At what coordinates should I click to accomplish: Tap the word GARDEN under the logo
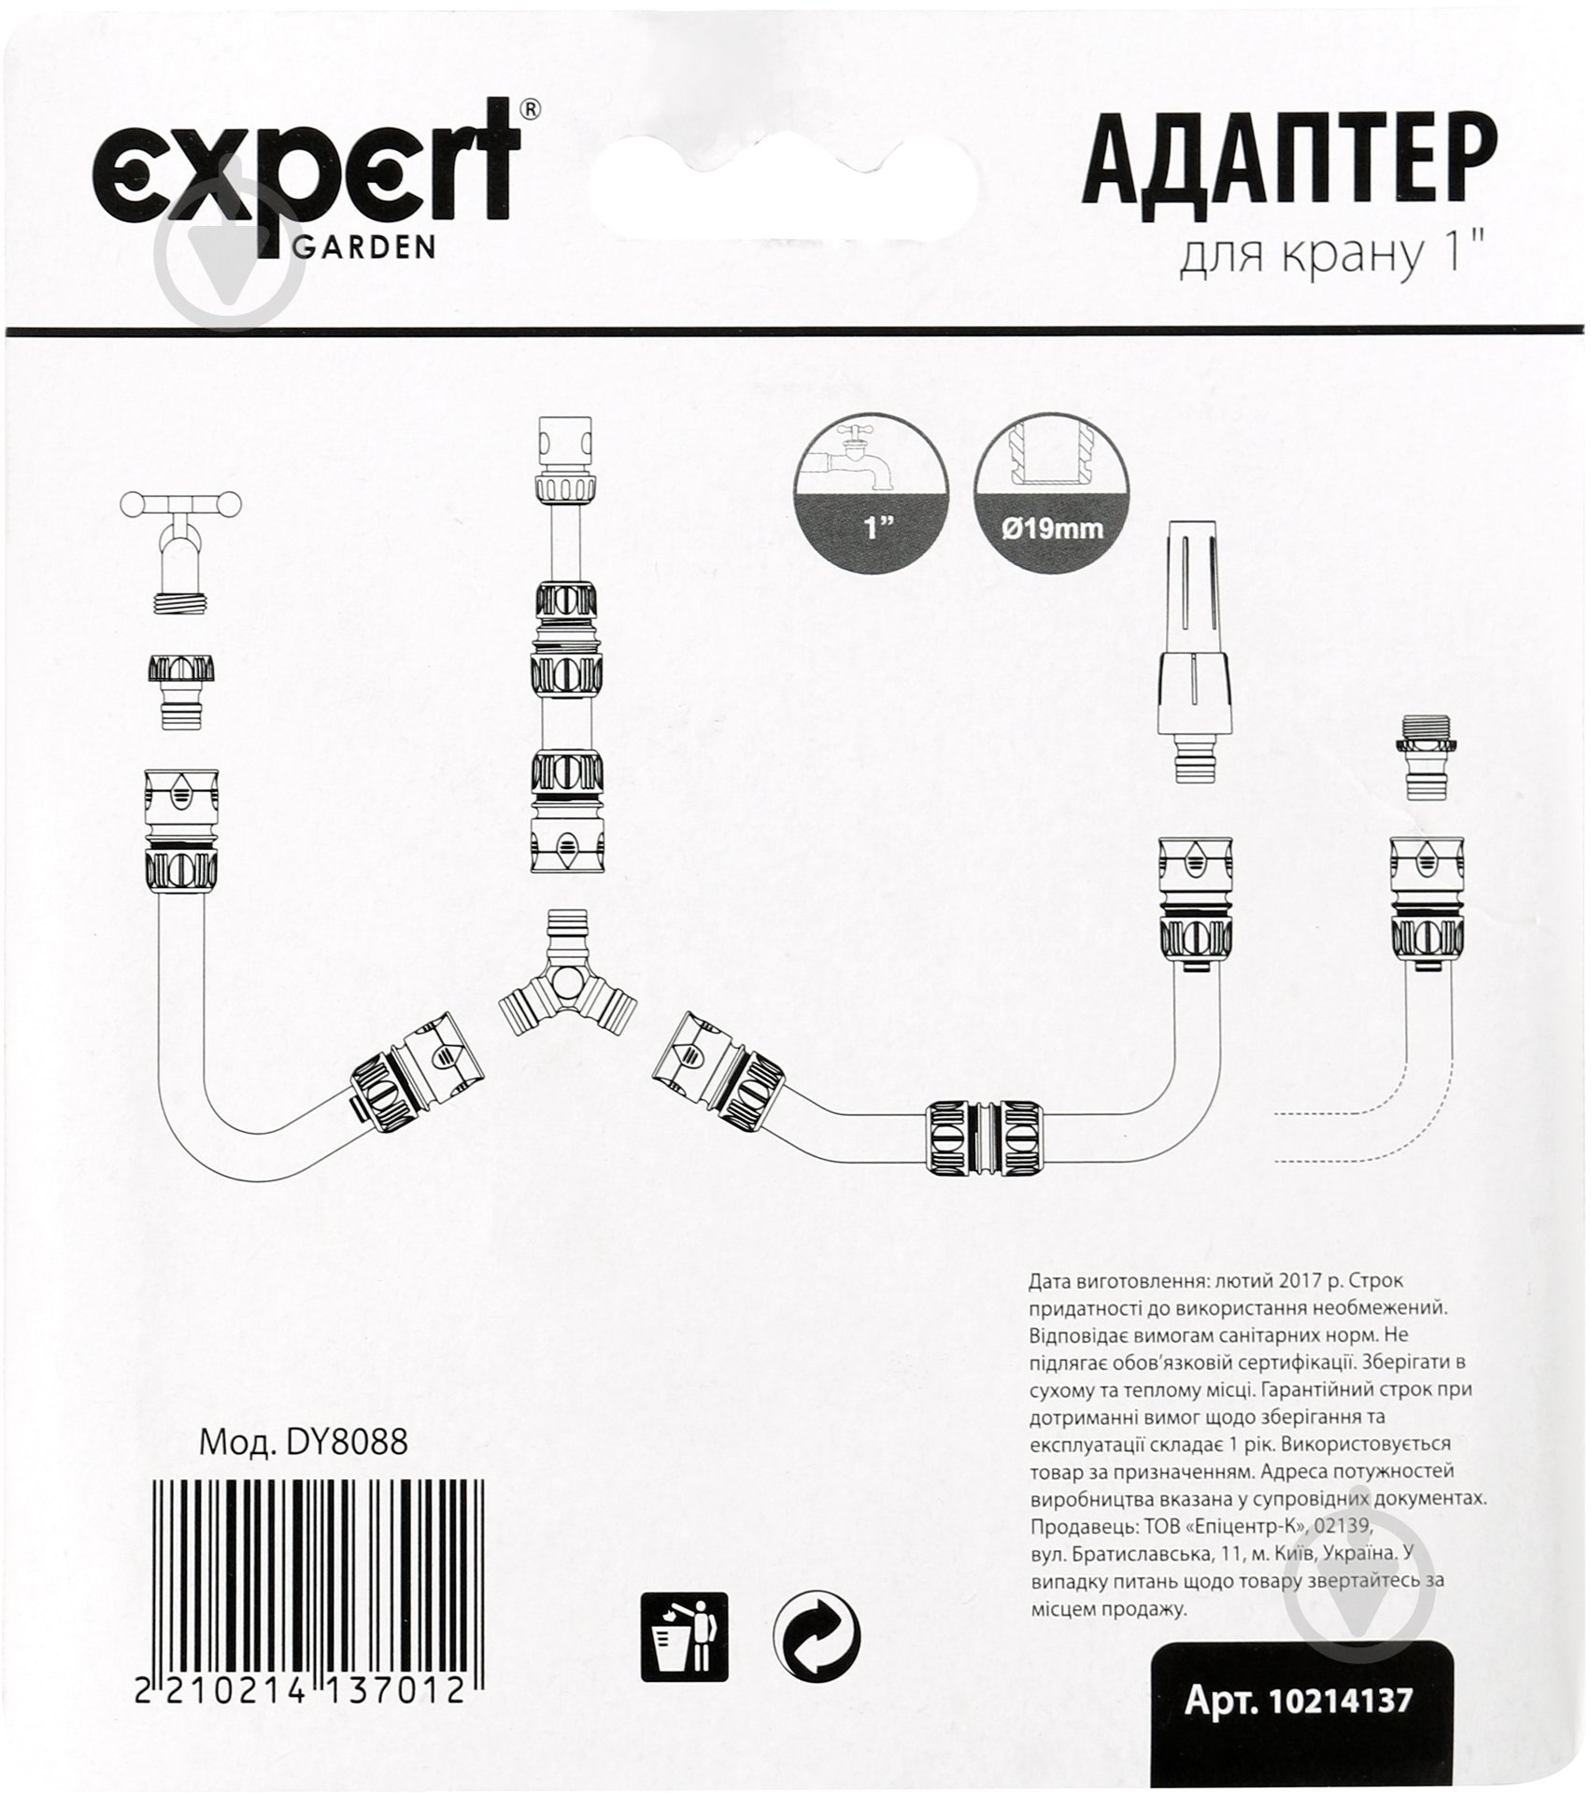coord(364,247)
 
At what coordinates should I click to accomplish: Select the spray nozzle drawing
coord(1197,654)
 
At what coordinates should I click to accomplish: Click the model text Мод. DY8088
coord(304,1443)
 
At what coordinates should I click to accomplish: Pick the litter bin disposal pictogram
coord(683,1635)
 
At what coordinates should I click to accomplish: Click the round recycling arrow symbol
coord(817,1635)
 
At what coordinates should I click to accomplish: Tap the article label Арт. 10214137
coord(1299,1701)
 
